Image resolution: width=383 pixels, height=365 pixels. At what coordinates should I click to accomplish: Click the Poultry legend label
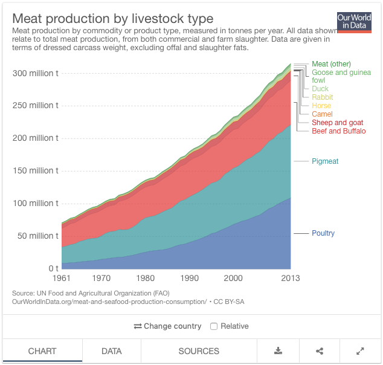click(323, 233)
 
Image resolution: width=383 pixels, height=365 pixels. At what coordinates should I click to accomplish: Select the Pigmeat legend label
click(326, 161)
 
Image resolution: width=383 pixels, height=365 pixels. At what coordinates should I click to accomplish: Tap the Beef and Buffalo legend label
click(338, 131)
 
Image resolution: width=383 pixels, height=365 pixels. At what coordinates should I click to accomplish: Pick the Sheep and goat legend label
click(337, 123)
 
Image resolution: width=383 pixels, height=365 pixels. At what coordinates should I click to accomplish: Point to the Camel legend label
click(322, 114)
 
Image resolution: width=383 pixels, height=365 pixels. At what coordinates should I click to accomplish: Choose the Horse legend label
click(321, 106)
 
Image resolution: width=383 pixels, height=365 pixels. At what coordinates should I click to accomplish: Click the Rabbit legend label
click(322, 97)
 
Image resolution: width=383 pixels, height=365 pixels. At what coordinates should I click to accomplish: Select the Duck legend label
click(320, 89)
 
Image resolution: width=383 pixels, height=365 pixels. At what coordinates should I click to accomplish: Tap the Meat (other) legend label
click(331, 64)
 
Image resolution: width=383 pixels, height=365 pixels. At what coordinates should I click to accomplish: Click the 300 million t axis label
click(35, 73)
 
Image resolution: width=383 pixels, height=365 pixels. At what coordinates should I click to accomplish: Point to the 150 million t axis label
click(35, 170)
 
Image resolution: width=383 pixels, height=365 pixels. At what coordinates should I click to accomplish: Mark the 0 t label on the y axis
click(53, 268)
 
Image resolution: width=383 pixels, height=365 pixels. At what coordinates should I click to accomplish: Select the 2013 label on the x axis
click(291, 278)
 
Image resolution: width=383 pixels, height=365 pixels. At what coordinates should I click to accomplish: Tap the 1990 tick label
click(189, 278)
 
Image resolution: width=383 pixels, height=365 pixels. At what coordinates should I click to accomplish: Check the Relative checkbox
click(214, 326)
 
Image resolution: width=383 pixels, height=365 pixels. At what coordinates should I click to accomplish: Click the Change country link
click(167, 326)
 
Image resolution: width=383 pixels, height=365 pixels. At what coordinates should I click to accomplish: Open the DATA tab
click(112, 351)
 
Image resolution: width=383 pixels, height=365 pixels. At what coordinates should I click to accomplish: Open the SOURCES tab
click(199, 351)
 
